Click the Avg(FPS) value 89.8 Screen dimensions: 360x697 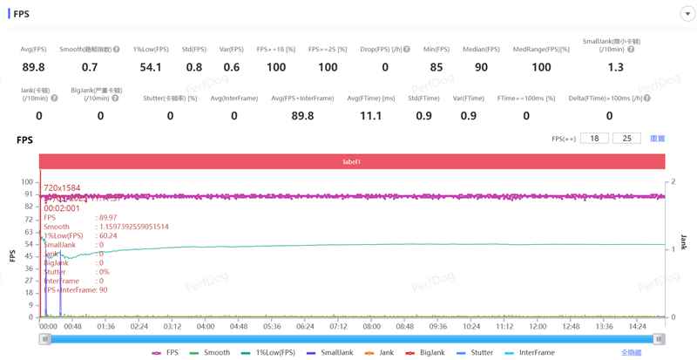click(x=33, y=67)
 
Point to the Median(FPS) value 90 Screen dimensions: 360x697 click(x=482, y=67)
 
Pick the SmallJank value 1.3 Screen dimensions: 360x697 click(x=616, y=67)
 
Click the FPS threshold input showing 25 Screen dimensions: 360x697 click(x=626, y=139)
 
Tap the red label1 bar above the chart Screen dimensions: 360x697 click(x=352, y=161)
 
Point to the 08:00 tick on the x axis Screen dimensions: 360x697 click(x=371, y=326)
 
